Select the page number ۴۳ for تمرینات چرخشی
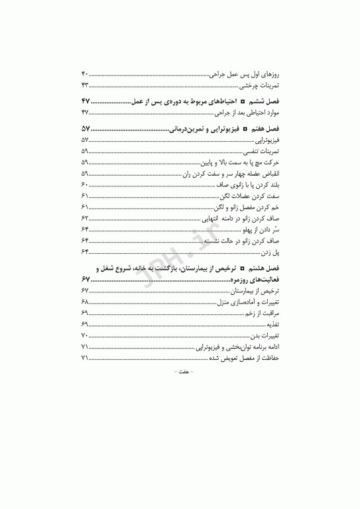(x=85, y=86)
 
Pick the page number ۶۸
(x=85, y=302)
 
